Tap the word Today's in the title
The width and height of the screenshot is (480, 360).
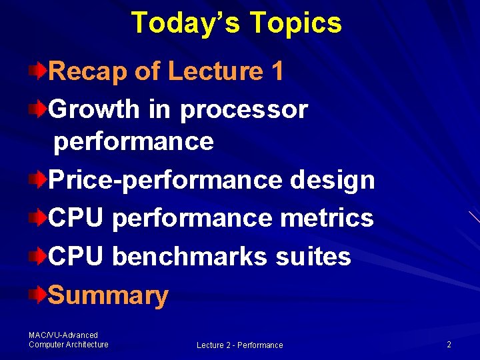[185, 23]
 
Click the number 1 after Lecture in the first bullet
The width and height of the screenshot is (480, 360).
[277, 71]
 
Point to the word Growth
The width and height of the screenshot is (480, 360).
[94, 109]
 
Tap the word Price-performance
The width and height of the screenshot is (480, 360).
[166, 180]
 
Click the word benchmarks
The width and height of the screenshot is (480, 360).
[189, 256]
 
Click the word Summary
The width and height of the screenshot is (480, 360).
[108, 295]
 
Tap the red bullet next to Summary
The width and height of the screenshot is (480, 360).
[41, 294]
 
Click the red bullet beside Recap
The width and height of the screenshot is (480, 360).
[41, 70]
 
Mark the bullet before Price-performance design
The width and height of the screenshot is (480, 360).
[41, 179]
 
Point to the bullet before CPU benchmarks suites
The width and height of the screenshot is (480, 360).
[41, 255]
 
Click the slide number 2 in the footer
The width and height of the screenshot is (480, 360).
[449, 345]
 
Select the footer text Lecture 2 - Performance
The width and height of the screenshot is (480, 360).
[239, 345]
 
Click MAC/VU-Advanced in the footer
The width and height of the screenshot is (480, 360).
[63, 335]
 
